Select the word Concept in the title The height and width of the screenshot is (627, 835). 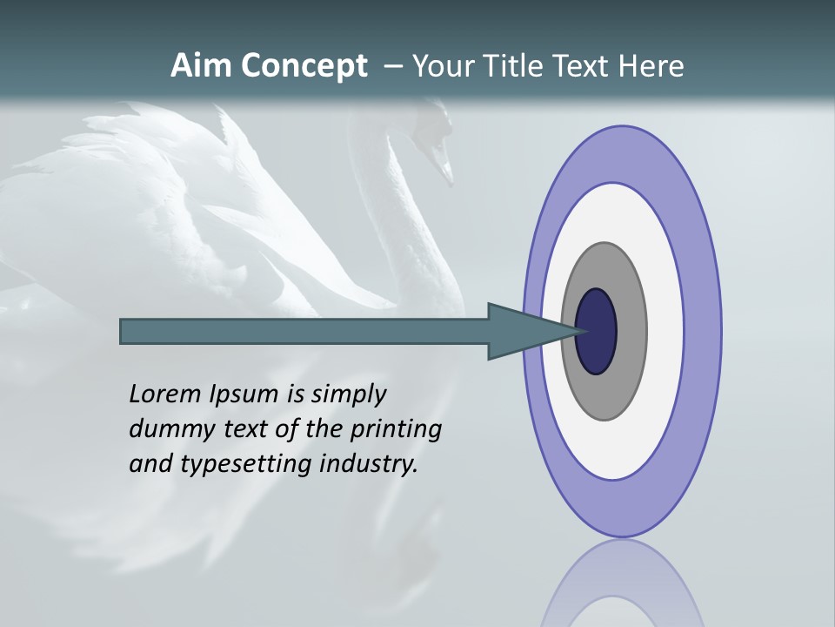(304, 67)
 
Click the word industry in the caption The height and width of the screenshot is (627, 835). (369, 464)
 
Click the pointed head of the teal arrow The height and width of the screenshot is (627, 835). (522, 332)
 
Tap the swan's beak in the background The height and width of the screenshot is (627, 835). (444, 170)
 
